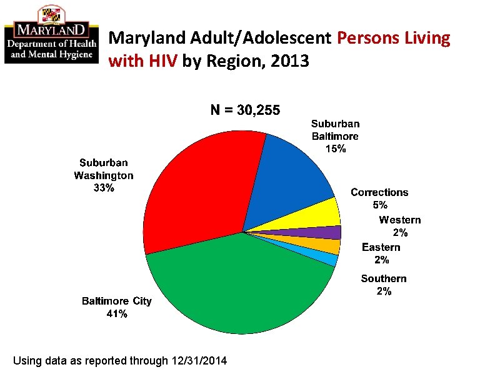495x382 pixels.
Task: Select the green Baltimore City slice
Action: (x=244, y=287)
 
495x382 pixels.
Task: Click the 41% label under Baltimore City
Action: (x=117, y=314)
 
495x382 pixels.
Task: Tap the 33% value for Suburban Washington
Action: (x=104, y=189)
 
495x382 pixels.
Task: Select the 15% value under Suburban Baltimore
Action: (x=335, y=149)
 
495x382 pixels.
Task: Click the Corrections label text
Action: (x=379, y=192)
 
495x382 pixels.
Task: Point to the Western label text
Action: (x=399, y=220)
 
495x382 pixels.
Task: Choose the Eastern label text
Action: (x=381, y=247)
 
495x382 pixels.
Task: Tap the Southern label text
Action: (x=383, y=278)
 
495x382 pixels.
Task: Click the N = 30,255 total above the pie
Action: (x=246, y=110)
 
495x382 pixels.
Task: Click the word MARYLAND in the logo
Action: (x=51, y=29)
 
